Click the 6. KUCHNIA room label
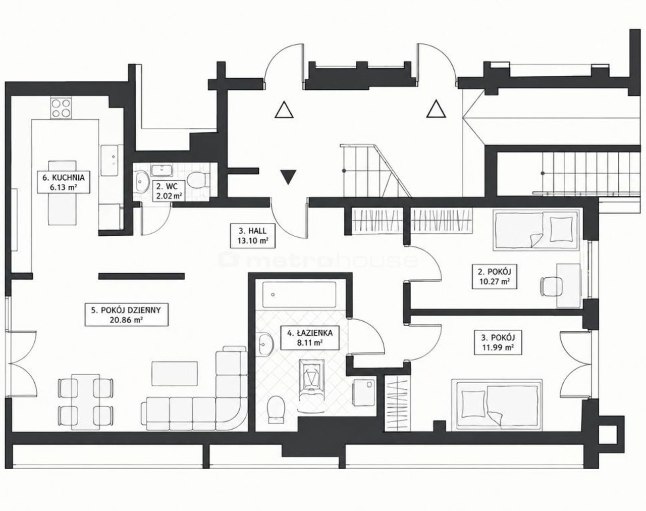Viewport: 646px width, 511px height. (64, 182)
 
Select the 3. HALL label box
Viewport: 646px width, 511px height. (252, 236)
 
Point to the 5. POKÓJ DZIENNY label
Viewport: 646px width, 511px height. (126, 315)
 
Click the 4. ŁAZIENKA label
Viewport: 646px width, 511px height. (310, 338)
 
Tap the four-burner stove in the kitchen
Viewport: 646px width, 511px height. (61, 108)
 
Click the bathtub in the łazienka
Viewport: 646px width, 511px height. (299, 295)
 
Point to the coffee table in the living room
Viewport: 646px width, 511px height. (175, 374)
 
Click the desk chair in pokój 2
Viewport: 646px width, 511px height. (552, 287)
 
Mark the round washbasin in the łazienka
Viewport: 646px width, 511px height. (265, 344)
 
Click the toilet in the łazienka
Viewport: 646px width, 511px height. (276, 409)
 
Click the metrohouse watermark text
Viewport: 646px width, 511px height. (318, 260)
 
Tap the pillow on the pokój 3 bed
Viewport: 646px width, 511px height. (473, 404)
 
